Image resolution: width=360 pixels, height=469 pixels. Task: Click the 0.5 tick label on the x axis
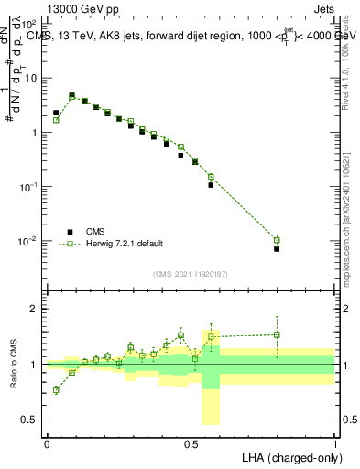coord(191,442)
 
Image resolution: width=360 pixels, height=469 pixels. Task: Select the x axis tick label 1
coord(334,442)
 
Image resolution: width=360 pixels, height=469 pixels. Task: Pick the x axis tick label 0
coord(47,442)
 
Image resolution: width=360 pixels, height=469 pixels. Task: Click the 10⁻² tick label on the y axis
coord(31,242)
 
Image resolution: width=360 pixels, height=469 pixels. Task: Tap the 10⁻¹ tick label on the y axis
coord(31,187)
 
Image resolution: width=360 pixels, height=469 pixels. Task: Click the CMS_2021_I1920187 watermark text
coord(191,274)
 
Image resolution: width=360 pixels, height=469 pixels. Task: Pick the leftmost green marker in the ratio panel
coord(56,390)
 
